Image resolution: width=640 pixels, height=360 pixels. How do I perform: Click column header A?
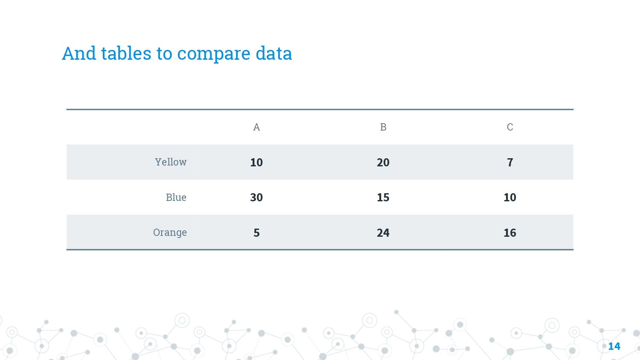click(x=256, y=127)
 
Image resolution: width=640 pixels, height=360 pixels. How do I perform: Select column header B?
click(x=383, y=127)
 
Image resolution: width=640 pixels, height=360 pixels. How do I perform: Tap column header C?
click(x=510, y=127)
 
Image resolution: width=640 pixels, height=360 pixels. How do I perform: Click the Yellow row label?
click(x=171, y=162)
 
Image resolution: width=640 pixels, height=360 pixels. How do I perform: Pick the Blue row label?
click(x=176, y=197)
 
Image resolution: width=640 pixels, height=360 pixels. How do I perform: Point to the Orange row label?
click(x=170, y=232)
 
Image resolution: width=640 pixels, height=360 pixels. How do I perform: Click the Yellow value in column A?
click(x=256, y=163)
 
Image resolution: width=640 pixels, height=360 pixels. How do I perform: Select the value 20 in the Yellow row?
click(x=383, y=163)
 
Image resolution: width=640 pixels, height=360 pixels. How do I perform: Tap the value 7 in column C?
click(x=510, y=163)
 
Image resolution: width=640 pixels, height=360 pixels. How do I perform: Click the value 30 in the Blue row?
click(x=256, y=197)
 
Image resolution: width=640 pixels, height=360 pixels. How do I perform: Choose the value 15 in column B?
click(x=383, y=197)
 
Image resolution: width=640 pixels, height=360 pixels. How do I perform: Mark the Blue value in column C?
click(x=510, y=197)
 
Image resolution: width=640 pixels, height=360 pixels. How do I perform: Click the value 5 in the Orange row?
click(x=256, y=233)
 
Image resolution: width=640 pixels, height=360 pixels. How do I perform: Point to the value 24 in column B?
click(x=383, y=233)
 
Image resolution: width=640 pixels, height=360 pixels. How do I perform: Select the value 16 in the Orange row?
click(x=510, y=233)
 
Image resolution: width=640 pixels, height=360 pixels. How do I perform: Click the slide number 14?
click(x=614, y=346)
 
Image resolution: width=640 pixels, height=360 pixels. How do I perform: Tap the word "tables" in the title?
click(x=126, y=53)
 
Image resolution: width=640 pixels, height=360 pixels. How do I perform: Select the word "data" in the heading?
click(x=274, y=53)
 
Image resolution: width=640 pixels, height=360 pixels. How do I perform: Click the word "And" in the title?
click(x=79, y=53)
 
